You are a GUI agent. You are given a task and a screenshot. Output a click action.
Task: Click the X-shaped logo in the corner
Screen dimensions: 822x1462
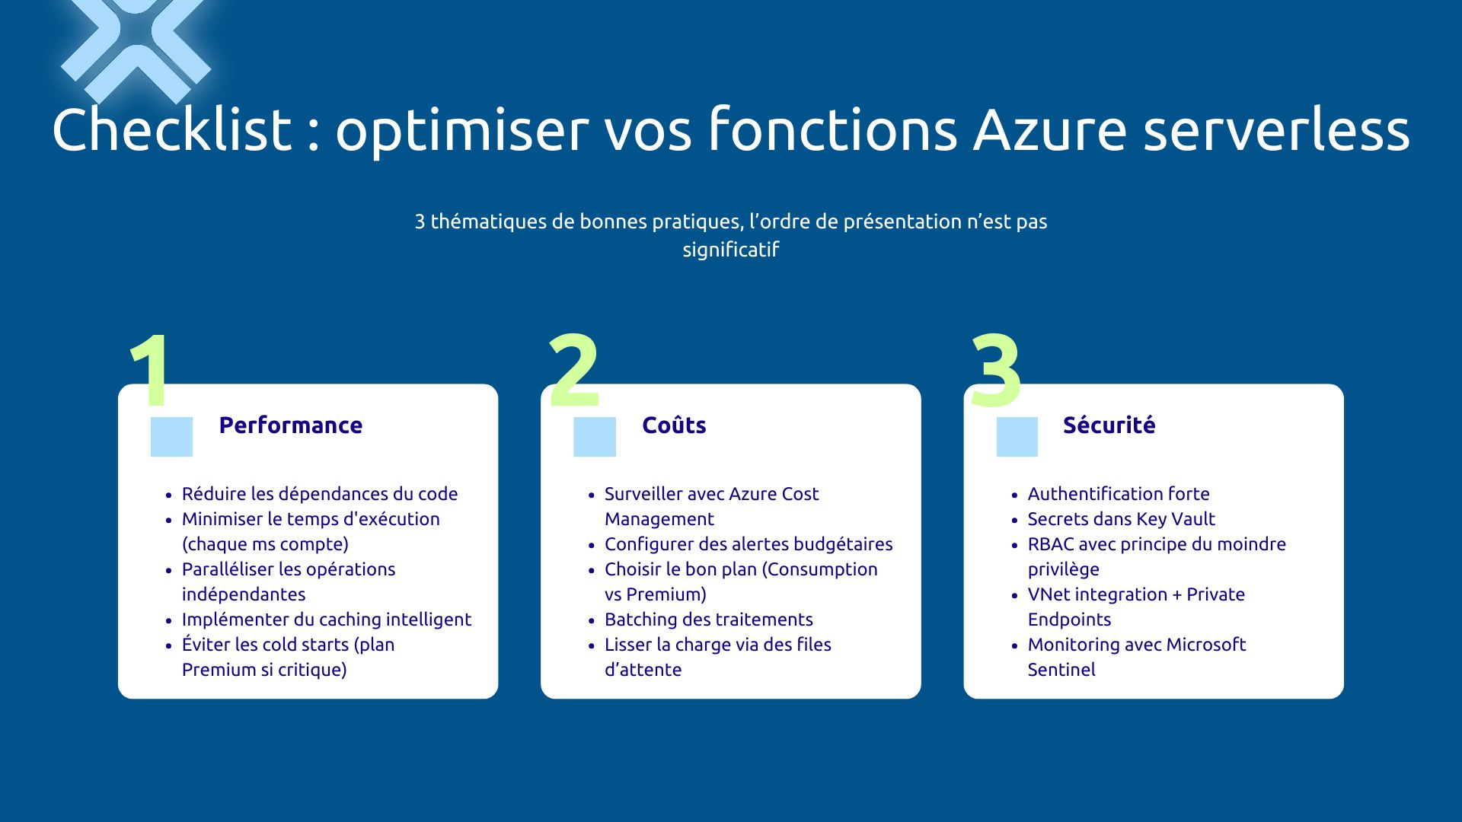136,42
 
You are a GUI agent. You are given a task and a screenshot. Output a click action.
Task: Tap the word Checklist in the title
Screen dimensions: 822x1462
172,129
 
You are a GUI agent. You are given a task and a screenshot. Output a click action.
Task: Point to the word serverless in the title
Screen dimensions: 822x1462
1276,129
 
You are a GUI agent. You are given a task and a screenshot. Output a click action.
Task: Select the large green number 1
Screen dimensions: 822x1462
151,371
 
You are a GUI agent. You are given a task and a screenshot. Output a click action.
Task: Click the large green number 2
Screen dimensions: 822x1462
574,371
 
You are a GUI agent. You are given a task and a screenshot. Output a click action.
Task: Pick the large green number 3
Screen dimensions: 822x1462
996,371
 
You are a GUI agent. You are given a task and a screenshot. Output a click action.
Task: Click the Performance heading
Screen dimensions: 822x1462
290,425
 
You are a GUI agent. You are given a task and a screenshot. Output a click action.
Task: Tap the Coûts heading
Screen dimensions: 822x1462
674,425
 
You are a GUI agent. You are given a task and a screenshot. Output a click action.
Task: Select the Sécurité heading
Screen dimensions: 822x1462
1109,425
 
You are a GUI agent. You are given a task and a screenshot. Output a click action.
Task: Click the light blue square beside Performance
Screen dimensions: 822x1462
171,437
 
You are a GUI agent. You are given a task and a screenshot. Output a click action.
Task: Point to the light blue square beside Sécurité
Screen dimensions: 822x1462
1017,437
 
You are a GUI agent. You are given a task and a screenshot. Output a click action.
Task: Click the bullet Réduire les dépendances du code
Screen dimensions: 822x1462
319,494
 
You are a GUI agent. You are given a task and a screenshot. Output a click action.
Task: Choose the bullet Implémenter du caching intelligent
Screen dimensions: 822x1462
326,620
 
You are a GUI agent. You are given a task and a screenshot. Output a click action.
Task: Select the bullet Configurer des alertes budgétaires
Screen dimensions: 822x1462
748,544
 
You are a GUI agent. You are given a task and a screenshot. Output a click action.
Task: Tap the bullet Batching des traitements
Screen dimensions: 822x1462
708,620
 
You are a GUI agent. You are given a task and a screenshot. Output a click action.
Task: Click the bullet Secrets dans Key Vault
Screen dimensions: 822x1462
1121,519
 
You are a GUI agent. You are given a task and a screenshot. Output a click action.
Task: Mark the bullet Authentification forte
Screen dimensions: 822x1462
1118,494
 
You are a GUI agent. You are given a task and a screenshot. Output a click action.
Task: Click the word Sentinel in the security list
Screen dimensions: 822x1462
1061,670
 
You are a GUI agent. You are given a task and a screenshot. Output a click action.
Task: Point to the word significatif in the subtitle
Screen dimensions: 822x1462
730,250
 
